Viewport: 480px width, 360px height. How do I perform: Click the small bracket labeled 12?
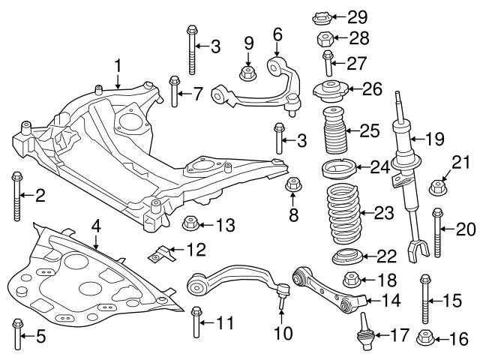(x=158, y=256)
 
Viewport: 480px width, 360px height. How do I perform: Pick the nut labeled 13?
(x=190, y=223)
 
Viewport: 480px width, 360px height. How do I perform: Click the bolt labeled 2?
(x=16, y=196)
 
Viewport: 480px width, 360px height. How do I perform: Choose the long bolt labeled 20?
(x=436, y=234)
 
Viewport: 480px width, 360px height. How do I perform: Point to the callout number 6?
(x=277, y=34)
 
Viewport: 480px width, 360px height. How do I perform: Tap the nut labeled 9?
(x=247, y=73)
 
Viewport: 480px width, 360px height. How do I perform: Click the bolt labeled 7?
(x=174, y=92)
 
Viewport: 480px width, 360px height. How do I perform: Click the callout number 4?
(x=95, y=224)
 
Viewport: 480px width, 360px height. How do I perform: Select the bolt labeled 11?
(x=196, y=322)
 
